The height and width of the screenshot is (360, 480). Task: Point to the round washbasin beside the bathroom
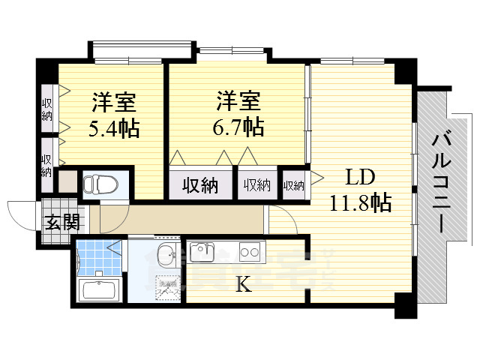coord(166,251)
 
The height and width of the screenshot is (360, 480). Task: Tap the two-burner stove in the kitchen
coord(250,251)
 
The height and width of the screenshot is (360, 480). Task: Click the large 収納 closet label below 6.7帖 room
coord(200,184)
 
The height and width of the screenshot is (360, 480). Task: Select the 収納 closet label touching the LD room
coord(294,184)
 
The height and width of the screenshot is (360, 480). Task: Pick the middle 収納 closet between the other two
coord(256,184)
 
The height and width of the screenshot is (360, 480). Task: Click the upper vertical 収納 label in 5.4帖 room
coord(47,109)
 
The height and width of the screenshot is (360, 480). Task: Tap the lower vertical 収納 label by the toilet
coord(47,165)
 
